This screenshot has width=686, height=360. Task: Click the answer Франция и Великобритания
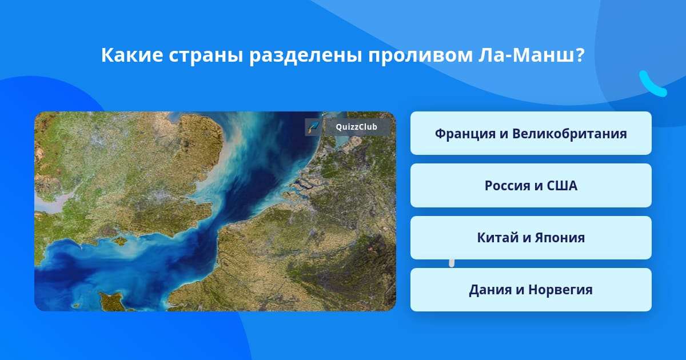[x=531, y=133]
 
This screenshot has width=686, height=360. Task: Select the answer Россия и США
[x=531, y=186]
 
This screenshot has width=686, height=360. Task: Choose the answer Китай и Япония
[x=531, y=238]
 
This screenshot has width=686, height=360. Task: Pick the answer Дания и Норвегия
[x=531, y=290]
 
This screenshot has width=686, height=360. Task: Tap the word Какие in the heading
[x=132, y=55]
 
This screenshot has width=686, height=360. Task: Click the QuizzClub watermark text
[x=356, y=127]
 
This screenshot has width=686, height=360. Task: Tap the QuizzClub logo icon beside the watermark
[x=313, y=127]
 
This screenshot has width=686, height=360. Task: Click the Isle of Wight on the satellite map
[x=120, y=241]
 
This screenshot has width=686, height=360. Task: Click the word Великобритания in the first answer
[x=569, y=134]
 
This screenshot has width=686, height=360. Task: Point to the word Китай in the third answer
[x=497, y=238]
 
